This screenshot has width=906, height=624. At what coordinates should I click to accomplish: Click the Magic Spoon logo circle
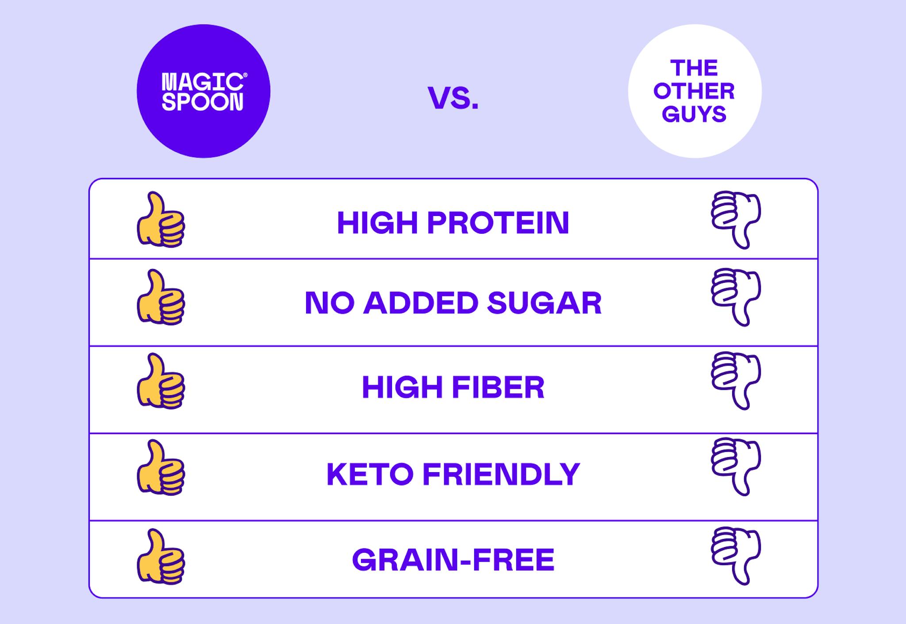point(203,91)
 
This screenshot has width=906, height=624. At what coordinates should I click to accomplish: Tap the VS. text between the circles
point(453,98)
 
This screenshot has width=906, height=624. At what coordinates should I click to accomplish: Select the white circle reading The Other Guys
point(695,91)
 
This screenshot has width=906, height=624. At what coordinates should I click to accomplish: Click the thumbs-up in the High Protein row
point(161,220)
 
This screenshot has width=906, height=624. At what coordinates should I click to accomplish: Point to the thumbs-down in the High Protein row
point(736,220)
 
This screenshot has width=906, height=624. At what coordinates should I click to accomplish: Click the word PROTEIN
point(498,223)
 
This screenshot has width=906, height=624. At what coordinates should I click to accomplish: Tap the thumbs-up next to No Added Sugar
point(161,297)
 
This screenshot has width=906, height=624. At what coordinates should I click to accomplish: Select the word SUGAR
point(545,303)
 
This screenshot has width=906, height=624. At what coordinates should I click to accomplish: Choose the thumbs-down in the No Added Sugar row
point(736,297)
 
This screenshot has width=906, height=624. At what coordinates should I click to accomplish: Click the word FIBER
point(499,387)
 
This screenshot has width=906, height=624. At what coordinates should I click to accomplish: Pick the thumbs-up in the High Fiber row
point(161,381)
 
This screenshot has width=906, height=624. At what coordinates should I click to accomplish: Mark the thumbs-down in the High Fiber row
point(736,381)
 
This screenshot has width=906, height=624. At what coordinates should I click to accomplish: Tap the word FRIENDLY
point(501,474)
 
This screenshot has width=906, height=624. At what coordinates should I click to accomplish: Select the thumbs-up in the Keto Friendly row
point(161,467)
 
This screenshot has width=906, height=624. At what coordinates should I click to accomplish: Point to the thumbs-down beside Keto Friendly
point(736,467)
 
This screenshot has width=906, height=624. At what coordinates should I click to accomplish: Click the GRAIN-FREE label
point(453,560)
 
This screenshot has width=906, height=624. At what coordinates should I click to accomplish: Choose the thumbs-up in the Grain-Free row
point(161,557)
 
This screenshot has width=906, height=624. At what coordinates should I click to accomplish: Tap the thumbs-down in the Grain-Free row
point(736,556)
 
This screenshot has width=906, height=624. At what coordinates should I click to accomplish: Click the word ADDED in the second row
point(421,303)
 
